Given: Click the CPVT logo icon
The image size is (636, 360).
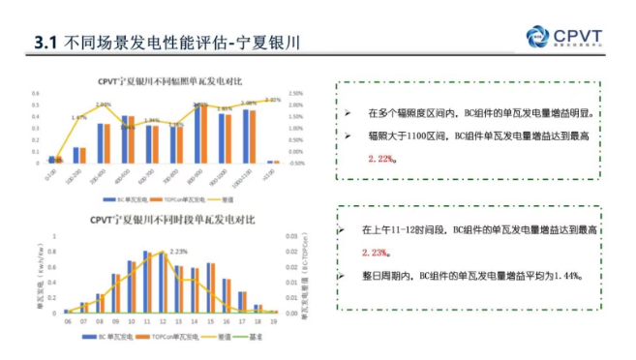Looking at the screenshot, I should point(538,35).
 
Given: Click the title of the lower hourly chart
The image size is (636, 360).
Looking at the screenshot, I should point(172,220).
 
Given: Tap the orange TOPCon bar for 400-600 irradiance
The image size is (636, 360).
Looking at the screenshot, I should point(131,141).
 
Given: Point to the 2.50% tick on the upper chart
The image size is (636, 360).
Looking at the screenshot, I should point(296,94).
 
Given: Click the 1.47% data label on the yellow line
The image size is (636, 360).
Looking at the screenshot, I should point(79,118).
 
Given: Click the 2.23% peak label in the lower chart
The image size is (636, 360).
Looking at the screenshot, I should point(178,252).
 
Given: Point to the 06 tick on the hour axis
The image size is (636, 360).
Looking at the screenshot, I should point(67,320).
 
